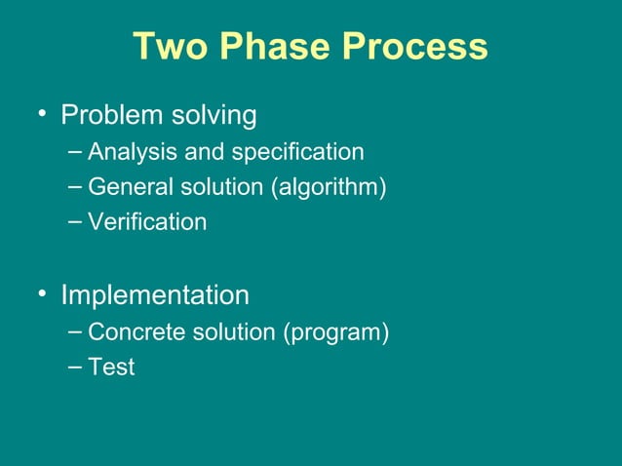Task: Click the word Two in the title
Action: (169, 47)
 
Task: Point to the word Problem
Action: (111, 116)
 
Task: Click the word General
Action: (127, 187)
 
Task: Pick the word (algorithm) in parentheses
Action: (335, 187)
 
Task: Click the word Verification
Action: (147, 222)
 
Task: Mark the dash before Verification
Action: (77, 221)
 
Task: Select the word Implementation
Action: (155, 294)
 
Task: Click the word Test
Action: (111, 368)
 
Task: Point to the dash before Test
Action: (77, 367)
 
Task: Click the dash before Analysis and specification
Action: (77, 152)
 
